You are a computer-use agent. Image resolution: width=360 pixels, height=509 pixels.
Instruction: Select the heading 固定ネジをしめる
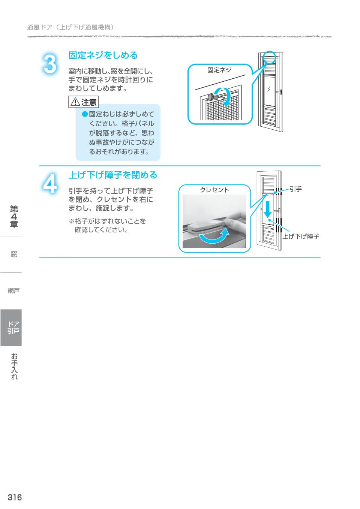tap(103, 55)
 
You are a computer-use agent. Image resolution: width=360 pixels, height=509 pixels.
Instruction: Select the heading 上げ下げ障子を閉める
tap(112, 175)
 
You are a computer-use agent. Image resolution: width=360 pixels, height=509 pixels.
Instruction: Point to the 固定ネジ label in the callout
tap(219, 70)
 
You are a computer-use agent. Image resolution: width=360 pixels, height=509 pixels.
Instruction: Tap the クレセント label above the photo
tap(214, 190)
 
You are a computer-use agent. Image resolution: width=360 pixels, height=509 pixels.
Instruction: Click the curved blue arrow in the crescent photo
tap(213, 237)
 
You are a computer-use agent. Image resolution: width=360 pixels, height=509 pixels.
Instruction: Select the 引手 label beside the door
tap(296, 189)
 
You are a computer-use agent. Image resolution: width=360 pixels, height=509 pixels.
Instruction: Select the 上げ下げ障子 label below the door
tap(301, 237)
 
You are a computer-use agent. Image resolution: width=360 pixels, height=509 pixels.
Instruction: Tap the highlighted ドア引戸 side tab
tap(11, 327)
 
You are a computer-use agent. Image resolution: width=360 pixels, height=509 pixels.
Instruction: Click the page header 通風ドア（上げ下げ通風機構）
tap(71, 27)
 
